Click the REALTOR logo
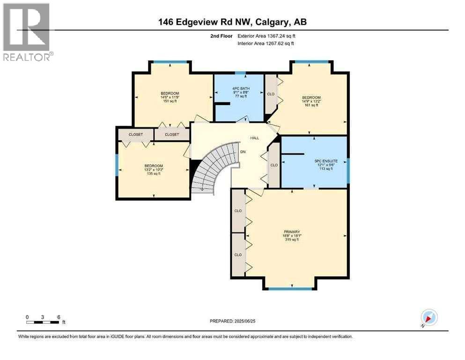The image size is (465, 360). (x=26, y=32)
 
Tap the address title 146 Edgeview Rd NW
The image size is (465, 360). (x=232, y=22)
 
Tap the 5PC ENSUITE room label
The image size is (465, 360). (x=326, y=165)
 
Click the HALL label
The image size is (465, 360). (x=255, y=138)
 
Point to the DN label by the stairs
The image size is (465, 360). (x=243, y=152)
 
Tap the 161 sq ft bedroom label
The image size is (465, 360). (x=311, y=101)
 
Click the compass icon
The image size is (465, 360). (x=429, y=317)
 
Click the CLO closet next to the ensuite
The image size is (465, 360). (x=274, y=165)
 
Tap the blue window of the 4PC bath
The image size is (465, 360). (x=240, y=73)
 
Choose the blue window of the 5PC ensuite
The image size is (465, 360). (x=348, y=171)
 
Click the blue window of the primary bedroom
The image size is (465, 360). (x=290, y=288)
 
